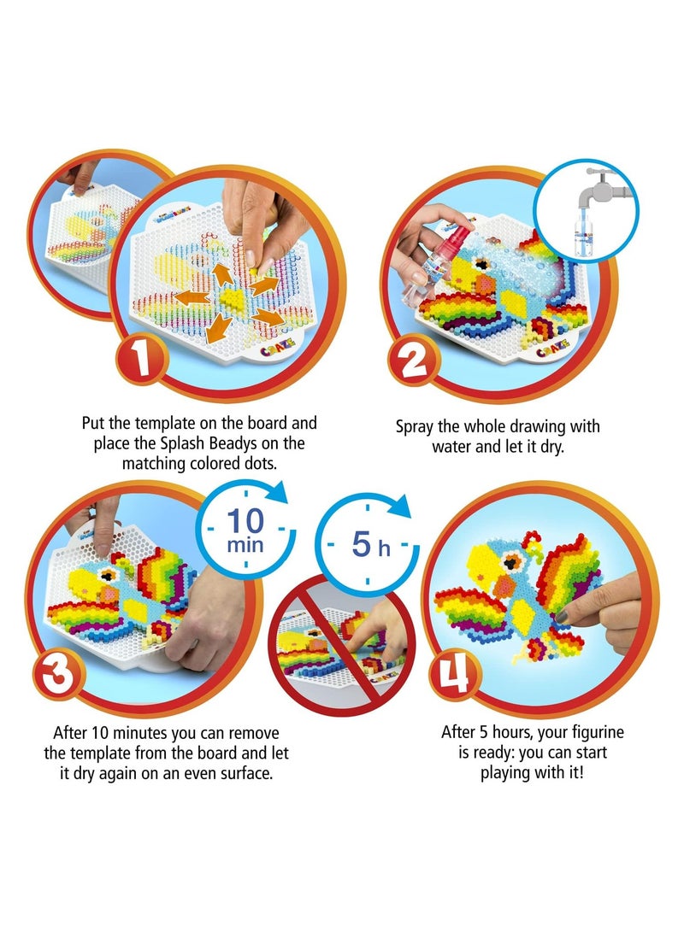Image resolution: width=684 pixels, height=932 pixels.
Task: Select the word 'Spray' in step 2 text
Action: (x=416, y=426)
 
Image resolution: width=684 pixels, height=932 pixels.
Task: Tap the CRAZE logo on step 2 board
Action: (x=547, y=350)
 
